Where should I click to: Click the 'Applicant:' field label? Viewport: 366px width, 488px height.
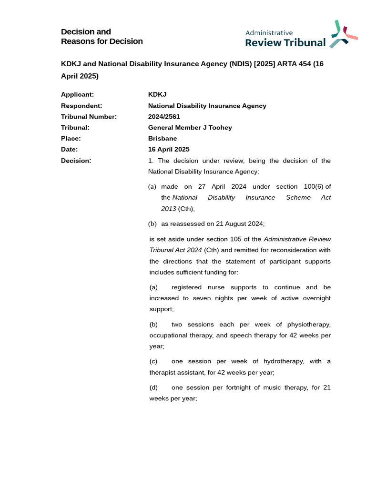point(77,94)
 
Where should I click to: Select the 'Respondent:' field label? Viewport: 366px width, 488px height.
point(81,106)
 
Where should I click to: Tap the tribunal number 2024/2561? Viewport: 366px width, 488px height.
point(164,117)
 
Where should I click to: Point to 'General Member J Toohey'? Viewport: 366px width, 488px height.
point(190,128)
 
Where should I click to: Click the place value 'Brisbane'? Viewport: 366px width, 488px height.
point(163,139)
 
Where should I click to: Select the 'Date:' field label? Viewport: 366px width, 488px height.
point(69,150)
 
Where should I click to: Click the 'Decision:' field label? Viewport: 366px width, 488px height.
point(76,161)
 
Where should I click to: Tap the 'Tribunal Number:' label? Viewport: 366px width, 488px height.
point(89,117)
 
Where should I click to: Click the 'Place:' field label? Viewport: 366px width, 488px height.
point(71,139)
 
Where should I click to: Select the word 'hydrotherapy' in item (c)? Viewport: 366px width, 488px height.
point(283,361)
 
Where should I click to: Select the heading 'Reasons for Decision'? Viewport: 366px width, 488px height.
point(102,41)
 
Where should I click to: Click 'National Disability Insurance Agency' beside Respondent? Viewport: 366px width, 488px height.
point(207,106)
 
